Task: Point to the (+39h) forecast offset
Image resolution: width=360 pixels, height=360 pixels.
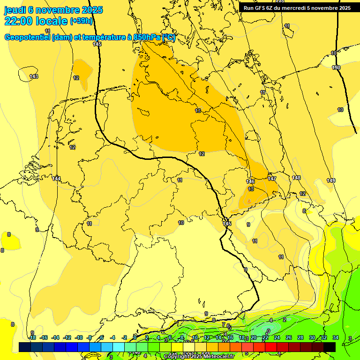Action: click(81, 21)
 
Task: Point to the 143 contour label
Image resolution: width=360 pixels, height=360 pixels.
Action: click(34, 76)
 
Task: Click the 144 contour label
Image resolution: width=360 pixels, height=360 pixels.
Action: click(56, 179)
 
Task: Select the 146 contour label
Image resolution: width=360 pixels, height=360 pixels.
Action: click(250, 181)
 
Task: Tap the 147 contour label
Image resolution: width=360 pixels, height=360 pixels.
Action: click(272, 179)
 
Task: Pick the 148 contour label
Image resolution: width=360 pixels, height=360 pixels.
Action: click(296, 178)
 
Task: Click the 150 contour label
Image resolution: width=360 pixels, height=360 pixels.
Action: click(336, 68)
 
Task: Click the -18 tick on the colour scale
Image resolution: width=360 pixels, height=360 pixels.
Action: click(32, 337)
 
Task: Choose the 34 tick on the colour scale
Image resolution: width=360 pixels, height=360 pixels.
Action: click(336, 337)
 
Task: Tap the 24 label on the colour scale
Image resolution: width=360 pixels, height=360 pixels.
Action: click(277, 337)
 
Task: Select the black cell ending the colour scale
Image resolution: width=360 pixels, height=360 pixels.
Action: click(329, 347)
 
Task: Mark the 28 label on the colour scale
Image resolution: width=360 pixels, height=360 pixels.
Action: click(300, 337)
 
